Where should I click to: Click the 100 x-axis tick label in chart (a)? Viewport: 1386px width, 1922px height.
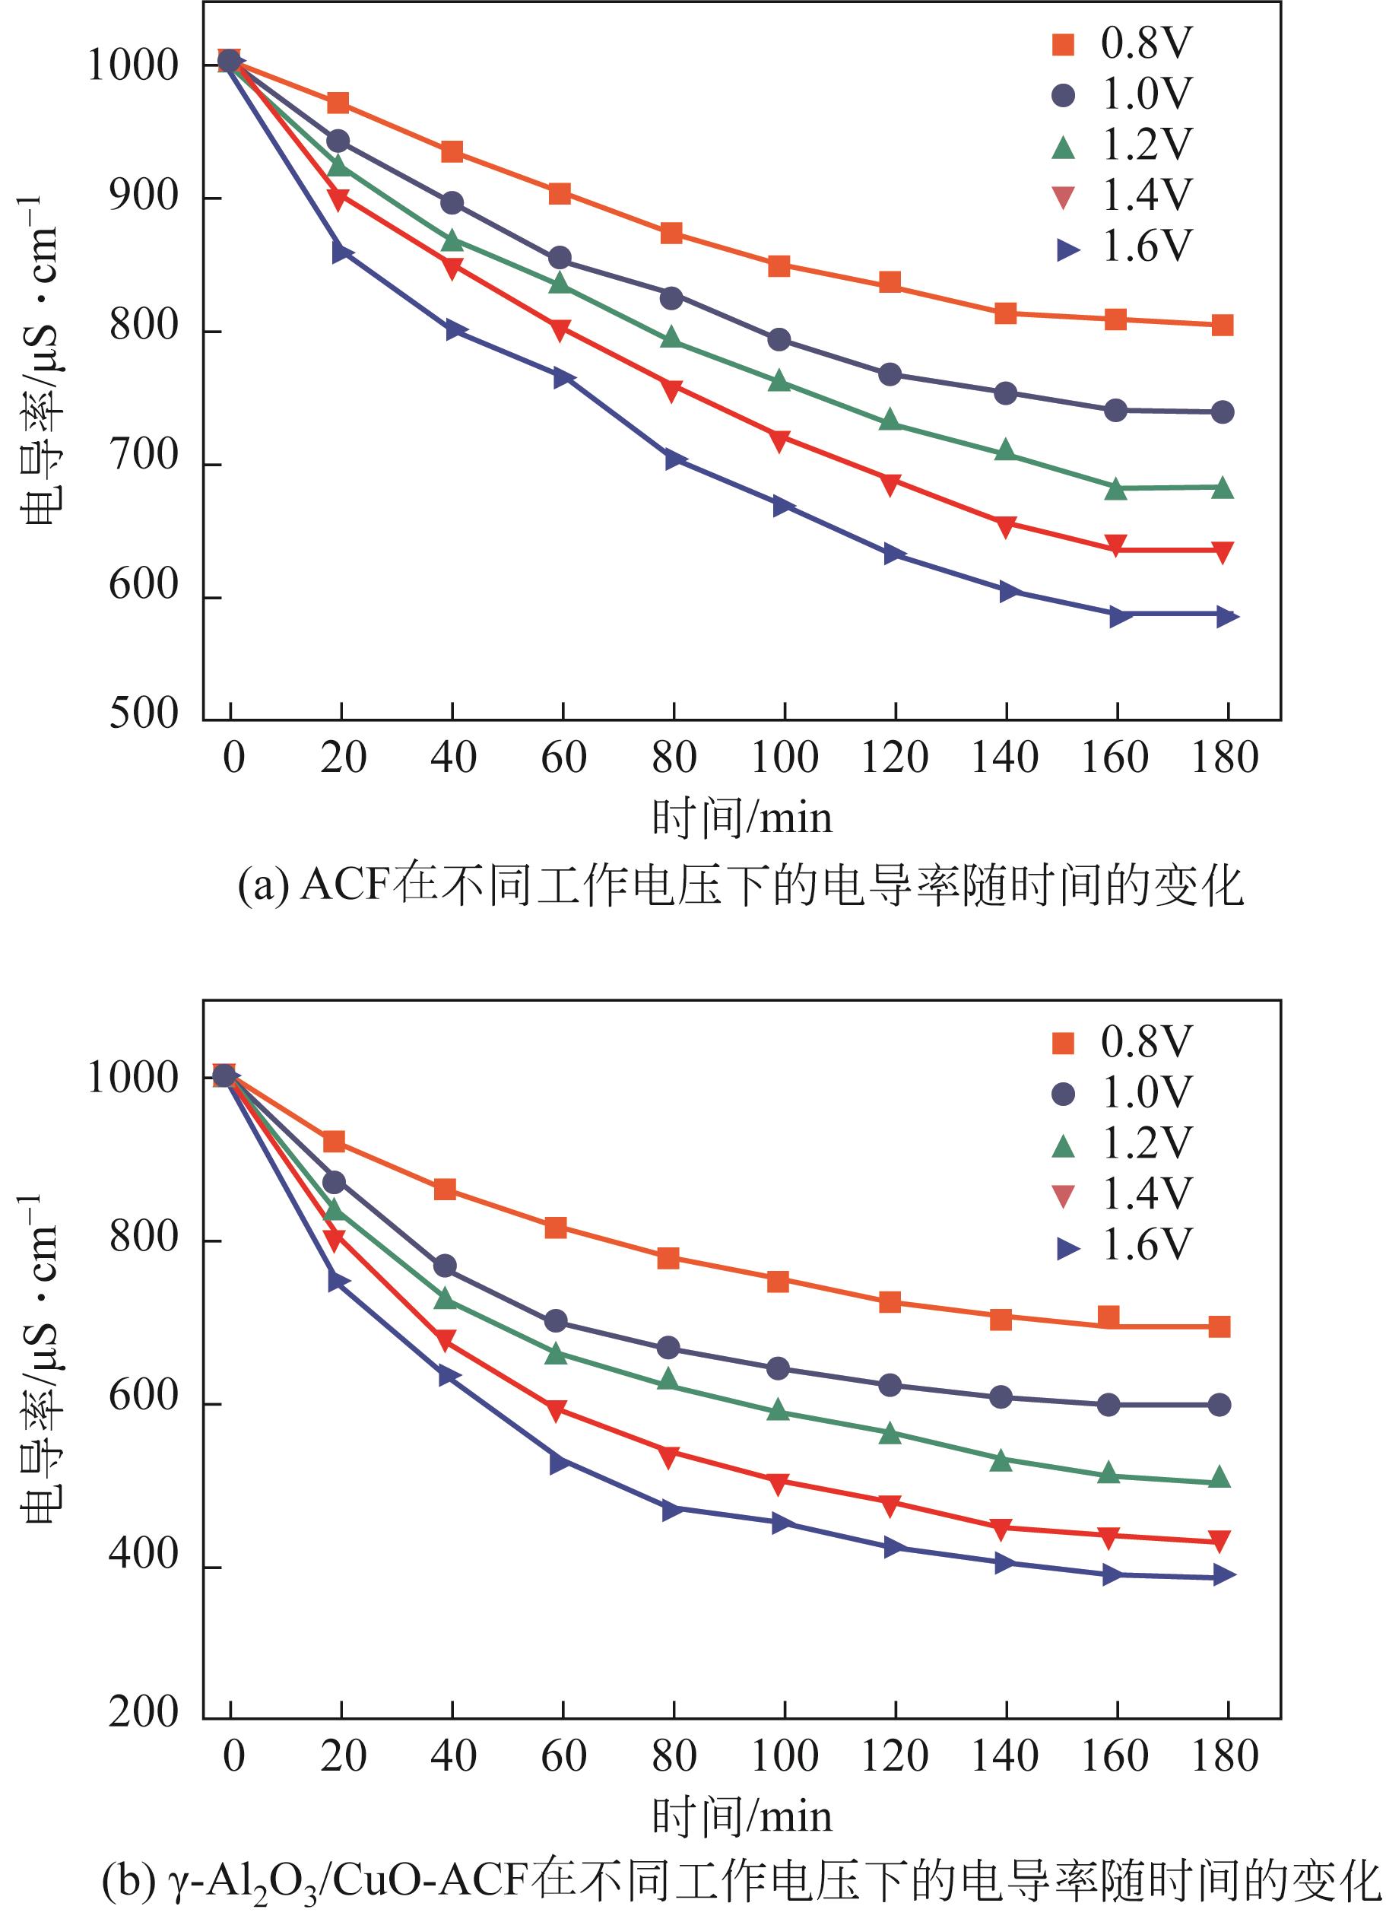point(785,758)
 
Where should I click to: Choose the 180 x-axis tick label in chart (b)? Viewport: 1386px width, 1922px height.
point(1225,1756)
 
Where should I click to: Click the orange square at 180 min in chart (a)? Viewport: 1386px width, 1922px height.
point(1222,326)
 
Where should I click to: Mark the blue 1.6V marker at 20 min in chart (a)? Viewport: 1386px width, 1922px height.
point(341,252)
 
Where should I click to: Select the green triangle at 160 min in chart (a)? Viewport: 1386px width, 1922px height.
point(1116,489)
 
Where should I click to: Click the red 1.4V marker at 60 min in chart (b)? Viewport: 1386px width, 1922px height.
point(557,1411)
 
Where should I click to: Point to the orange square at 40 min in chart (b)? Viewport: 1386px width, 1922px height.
point(445,1190)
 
